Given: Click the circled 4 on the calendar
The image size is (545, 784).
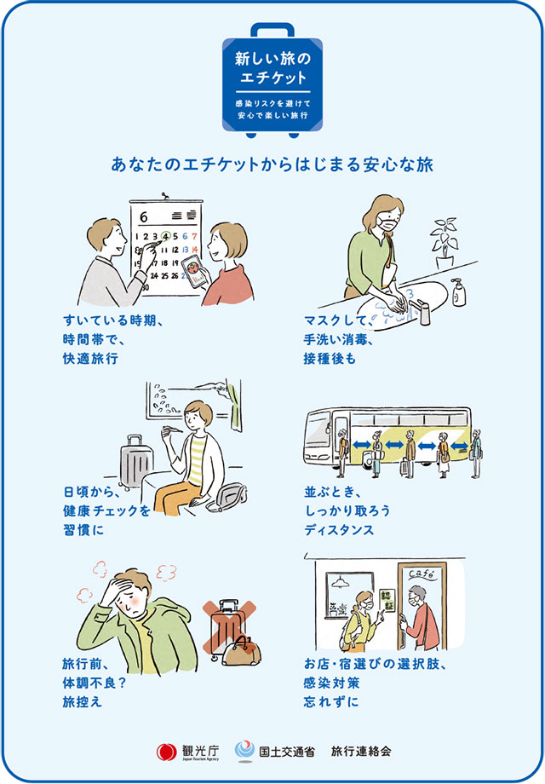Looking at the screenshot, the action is pos(166,235).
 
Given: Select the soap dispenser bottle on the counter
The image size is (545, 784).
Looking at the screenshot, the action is pos(457,292).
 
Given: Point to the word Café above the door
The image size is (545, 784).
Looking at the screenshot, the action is pos(422,574).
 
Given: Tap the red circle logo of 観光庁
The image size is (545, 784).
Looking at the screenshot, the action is pos(166,752).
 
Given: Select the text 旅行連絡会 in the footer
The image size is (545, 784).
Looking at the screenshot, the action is pos(361,751).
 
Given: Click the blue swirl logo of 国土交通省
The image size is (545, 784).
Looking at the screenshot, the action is pos(244,751).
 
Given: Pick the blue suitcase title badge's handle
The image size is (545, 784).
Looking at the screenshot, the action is pos(272,31).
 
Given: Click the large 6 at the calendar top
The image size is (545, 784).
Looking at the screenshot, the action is pos(144,217).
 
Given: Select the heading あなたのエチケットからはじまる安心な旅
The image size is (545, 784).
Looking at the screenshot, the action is pos(272,165).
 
